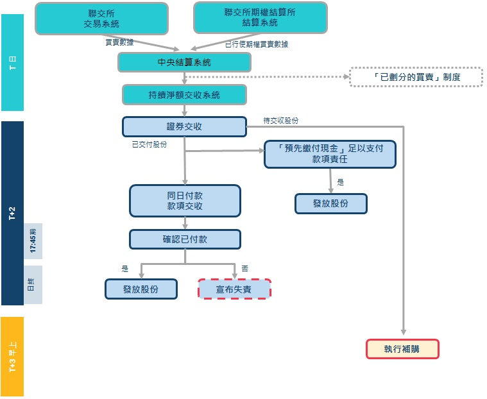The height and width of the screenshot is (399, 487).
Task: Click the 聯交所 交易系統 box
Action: pos(101,18)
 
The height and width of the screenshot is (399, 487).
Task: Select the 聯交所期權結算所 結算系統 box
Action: pos(261,17)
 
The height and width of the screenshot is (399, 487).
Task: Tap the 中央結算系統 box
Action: pos(184,62)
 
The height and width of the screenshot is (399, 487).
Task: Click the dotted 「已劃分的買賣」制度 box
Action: pos(416,78)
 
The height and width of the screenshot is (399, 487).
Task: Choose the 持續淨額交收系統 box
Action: pos(184,95)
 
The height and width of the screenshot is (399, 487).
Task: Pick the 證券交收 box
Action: pos(184,126)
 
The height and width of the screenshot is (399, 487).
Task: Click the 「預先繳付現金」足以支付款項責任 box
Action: pos(330,154)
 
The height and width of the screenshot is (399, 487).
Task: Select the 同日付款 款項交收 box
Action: pos(185,201)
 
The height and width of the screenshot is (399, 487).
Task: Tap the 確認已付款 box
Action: pos(185,239)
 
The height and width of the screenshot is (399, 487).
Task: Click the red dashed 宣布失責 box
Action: pos(234,289)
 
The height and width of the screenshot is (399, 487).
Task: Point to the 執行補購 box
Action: pos(402,349)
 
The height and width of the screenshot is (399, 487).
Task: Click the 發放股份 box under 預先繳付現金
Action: pos(331,203)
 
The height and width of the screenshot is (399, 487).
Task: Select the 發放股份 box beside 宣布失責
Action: pos(141,289)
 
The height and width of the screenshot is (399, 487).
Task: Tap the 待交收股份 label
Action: pos(280,120)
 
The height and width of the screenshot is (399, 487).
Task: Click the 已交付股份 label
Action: pos(149,144)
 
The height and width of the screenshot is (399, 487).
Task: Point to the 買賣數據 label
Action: pos(120,42)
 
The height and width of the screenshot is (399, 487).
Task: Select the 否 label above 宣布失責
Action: pos(244,268)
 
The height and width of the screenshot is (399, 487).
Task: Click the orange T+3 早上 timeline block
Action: pos(13,356)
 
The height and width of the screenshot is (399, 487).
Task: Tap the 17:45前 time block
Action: pos(33,241)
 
